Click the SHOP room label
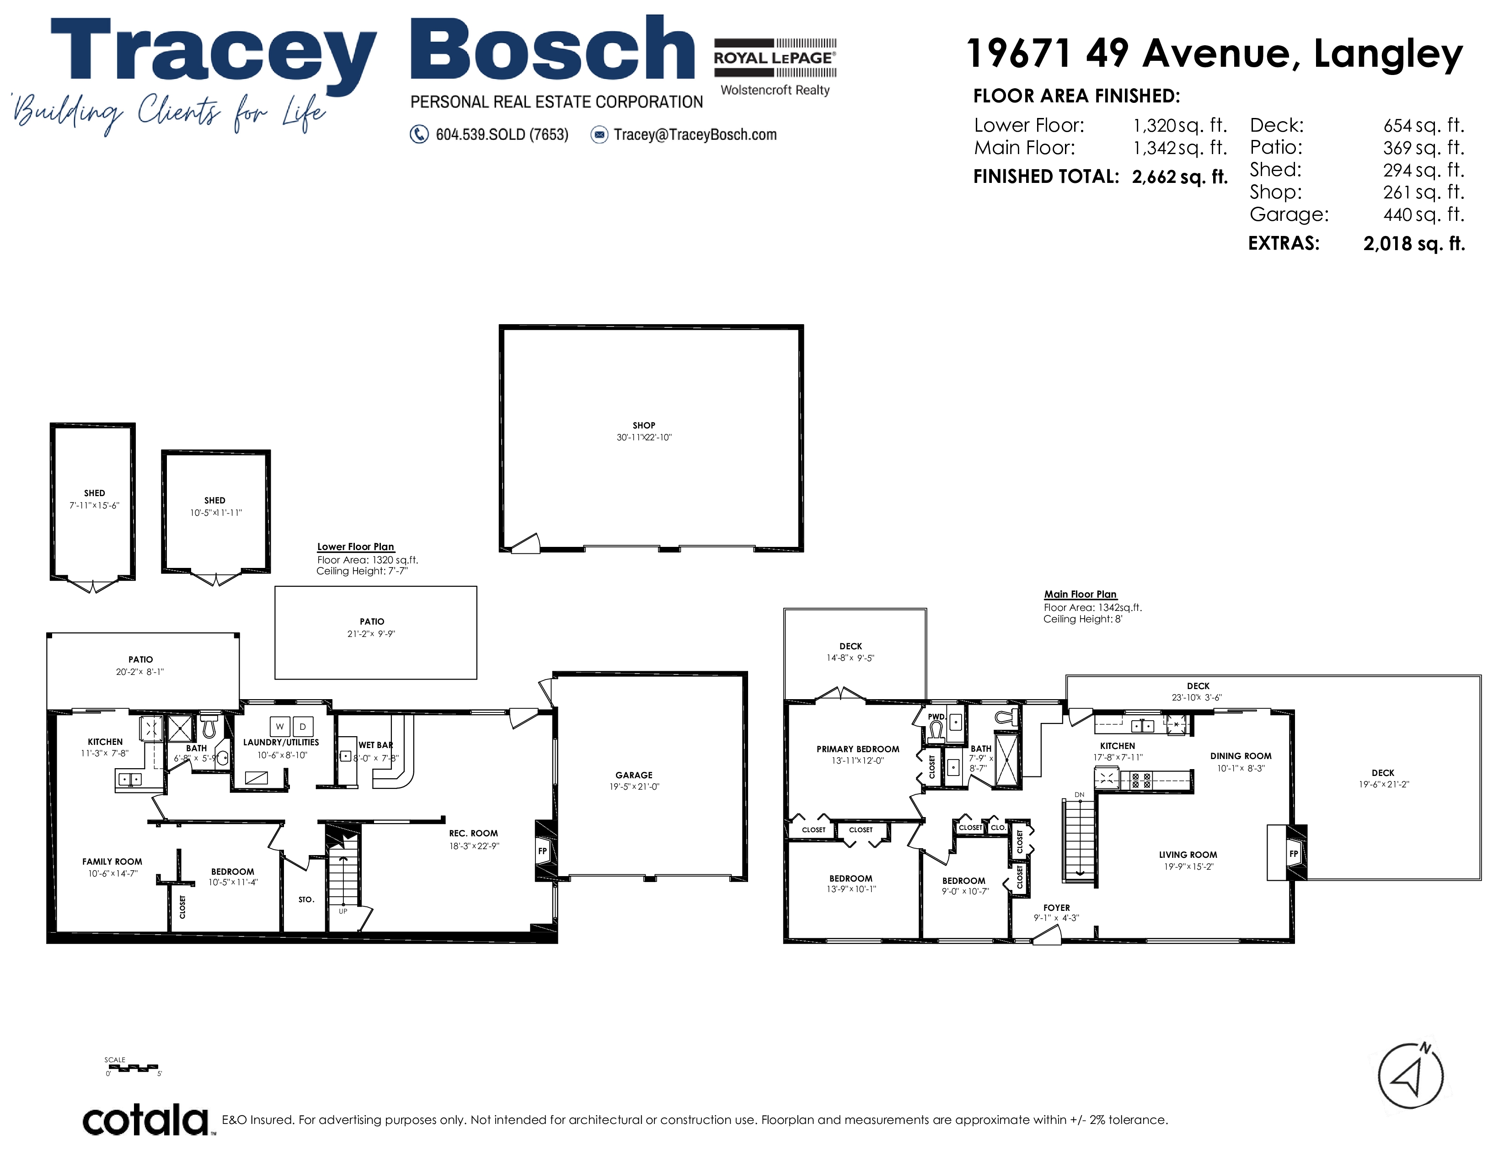[643, 426]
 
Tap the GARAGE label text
[634, 775]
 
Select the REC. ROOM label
[473, 833]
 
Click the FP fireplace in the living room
[1294, 853]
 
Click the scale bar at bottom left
[134, 1069]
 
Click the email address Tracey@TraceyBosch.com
[695, 135]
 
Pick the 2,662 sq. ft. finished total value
[1179, 177]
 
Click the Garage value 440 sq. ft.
[1423, 214]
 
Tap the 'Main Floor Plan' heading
[1080, 594]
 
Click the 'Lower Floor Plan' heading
[355, 546]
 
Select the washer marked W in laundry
[280, 726]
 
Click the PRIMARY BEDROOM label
[857, 749]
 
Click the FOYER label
[1056, 908]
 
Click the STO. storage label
[306, 899]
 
